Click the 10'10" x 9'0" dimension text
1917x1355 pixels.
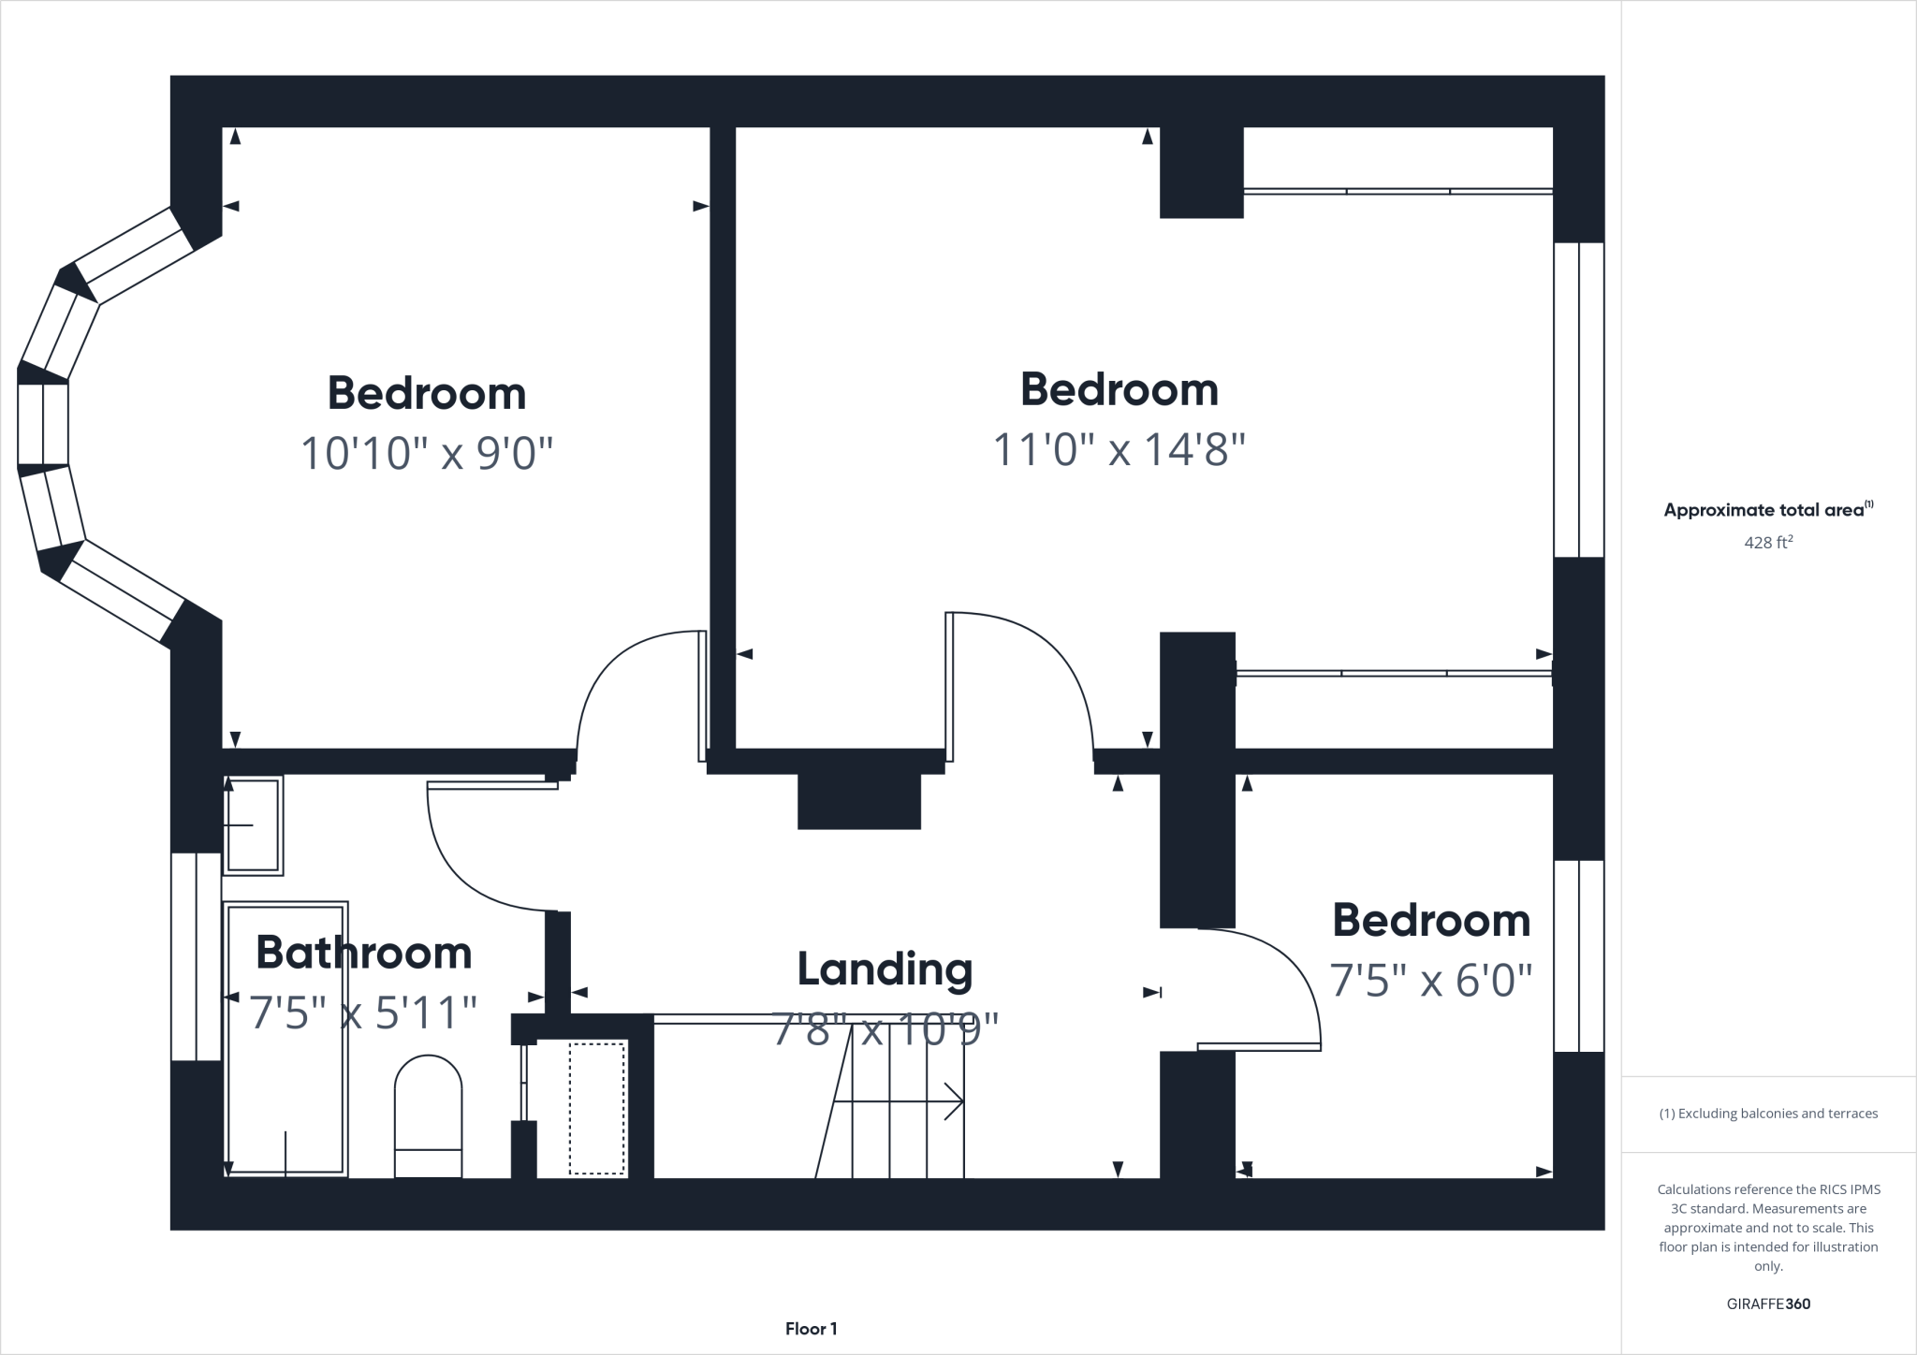[426, 454]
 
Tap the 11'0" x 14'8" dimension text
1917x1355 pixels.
[1119, 450]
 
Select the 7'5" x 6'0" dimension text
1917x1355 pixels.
[1431, 981]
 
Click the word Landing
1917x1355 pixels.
[885, 969]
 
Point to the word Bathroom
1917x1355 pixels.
[363, 953]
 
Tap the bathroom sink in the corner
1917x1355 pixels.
[253, 825]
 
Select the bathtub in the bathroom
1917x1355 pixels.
[285, 1039]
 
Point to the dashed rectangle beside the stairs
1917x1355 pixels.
[597, 1108]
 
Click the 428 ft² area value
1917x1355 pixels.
[1768, 542]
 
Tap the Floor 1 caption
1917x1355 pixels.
[811, 1329]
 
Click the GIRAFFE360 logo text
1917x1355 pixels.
[1768, 1304]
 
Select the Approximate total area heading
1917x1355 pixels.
[1768, 510]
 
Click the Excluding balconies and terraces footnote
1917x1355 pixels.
[1768, 1114]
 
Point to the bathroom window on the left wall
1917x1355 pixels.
[197, 956]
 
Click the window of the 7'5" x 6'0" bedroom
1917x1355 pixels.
[1579, 955]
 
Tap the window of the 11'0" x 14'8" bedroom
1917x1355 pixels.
[1579, 400]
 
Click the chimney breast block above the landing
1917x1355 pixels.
[859, 801]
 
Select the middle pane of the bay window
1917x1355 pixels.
[43, 424]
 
